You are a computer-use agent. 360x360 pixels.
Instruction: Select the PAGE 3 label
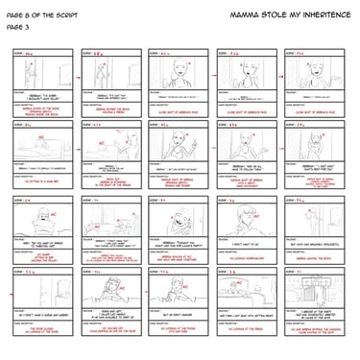(x=15, y=27)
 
